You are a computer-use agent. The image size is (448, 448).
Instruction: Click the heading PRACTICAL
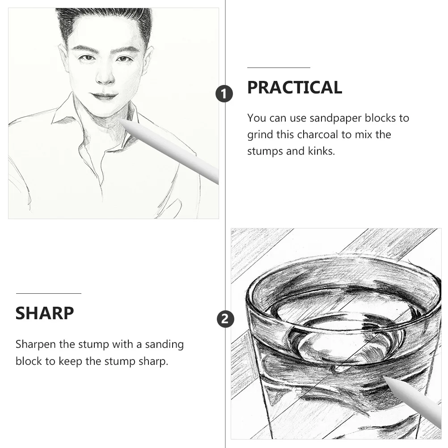click(x=295, y=88)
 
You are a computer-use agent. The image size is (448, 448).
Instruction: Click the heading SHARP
click(x=45, y=313)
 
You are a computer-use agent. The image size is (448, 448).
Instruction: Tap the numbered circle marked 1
click(x=224, y=94)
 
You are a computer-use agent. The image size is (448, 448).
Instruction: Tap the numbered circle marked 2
click(x=225, y=319)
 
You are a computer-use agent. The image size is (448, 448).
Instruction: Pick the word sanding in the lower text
click(x=164, y=345)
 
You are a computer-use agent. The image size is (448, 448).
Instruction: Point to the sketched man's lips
click(x=104, y=96)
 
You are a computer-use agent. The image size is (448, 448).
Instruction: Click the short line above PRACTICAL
click(x=279, y=68)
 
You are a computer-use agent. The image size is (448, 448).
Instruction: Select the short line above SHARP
click(x=49, y=293)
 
